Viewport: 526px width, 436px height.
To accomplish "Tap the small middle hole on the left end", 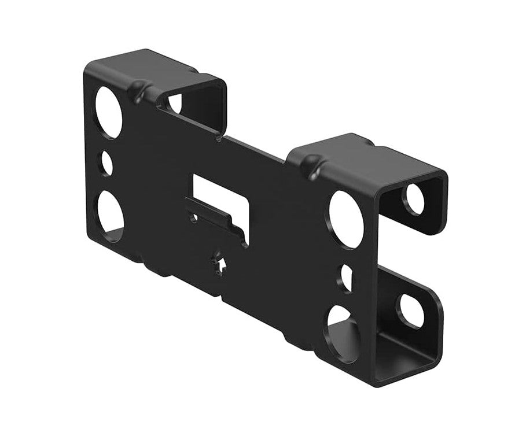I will [108, 162].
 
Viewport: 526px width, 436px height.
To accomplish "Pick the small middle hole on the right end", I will [346, 276].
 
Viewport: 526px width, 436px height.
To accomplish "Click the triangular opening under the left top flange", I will [174, 104].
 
